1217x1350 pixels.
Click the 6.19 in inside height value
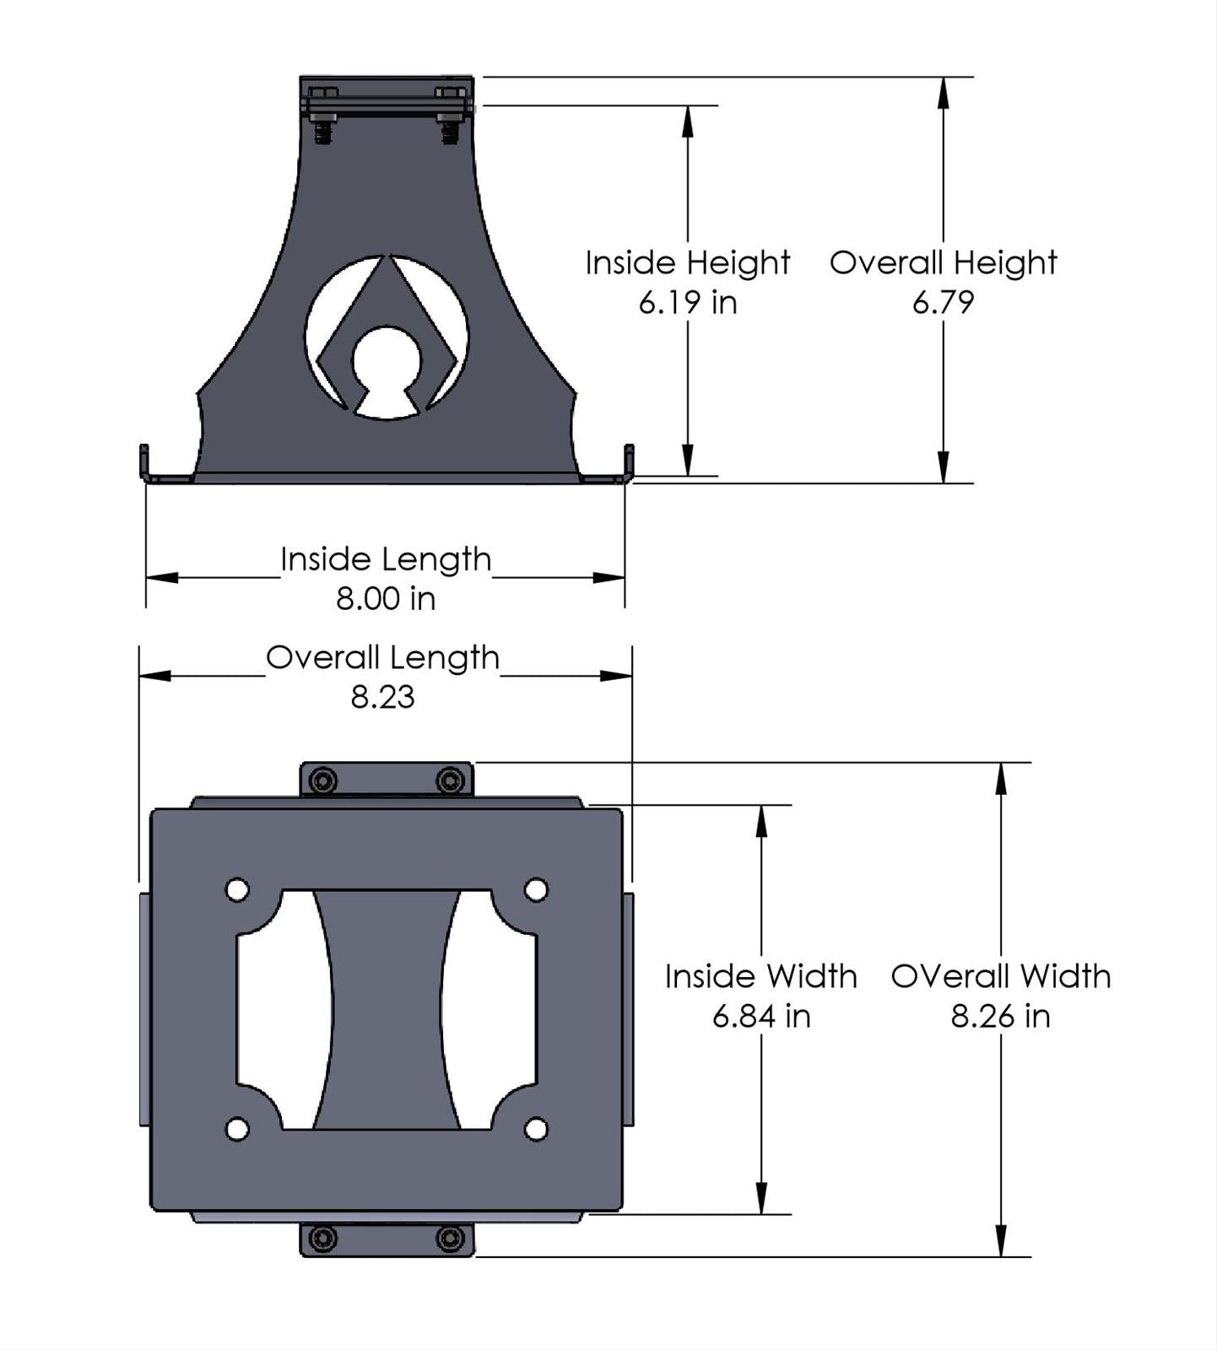[688, 302]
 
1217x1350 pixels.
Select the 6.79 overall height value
[943, 302]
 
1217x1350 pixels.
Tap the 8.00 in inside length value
[386, 599]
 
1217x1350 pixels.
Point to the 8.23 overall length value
[382, 697]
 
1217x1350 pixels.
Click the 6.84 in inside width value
[761, 1016]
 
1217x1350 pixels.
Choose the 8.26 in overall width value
[1000, 1016]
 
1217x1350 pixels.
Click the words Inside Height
[688, 262]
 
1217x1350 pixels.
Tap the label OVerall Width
[1000, 976]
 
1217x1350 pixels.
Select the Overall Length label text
[382, 657]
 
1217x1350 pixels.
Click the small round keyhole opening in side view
[387, 361]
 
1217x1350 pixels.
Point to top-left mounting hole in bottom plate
[237, 890]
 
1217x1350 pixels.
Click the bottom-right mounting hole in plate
[536, 1129]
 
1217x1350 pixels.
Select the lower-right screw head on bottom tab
[450, 1239]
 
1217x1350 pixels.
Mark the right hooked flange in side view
[628, 464]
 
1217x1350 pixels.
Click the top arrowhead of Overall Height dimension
[943, 92]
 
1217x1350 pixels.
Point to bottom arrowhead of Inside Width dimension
[761, 1199]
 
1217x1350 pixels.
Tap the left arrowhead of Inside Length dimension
[162, 578]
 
